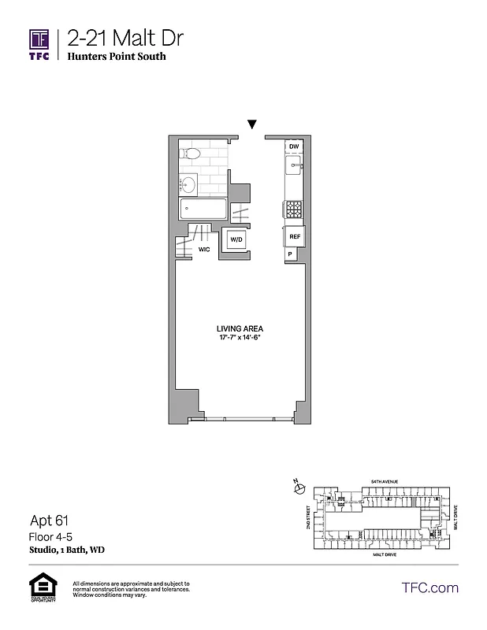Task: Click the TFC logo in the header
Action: pyautogui.click(x=39, y=44)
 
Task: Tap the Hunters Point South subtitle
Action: pyautogui.click(x=117, y=57)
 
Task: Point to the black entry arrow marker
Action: pyautogui.click(x=252, y=124)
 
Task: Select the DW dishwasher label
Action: pyautogui.click(x=293, y=147)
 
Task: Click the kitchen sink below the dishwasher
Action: pyautogui.click(x=293, y=166)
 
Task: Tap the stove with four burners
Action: pyautogui.click(x=293, y=209)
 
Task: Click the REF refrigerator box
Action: pyautogui.click(x=294, y=236)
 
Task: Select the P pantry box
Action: pyautogui.click(x=291, y=254)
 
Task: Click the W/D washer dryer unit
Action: pyautogui.click(x=236, y=239)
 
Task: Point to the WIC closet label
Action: pyautogui.click(x=204, y=249)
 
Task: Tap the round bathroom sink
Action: pyautogui.click(x=188, y=185)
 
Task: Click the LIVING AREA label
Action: pyautogui.click(x=240, y=328)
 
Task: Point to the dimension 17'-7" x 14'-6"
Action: pyautogui.click(x=240, y=338)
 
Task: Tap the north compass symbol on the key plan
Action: pyautogui.click(x=299, y=489)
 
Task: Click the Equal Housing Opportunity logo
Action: pyautogui.click(x=39, y=587)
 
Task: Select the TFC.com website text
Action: pyautogui.click(x=430, y=587)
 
